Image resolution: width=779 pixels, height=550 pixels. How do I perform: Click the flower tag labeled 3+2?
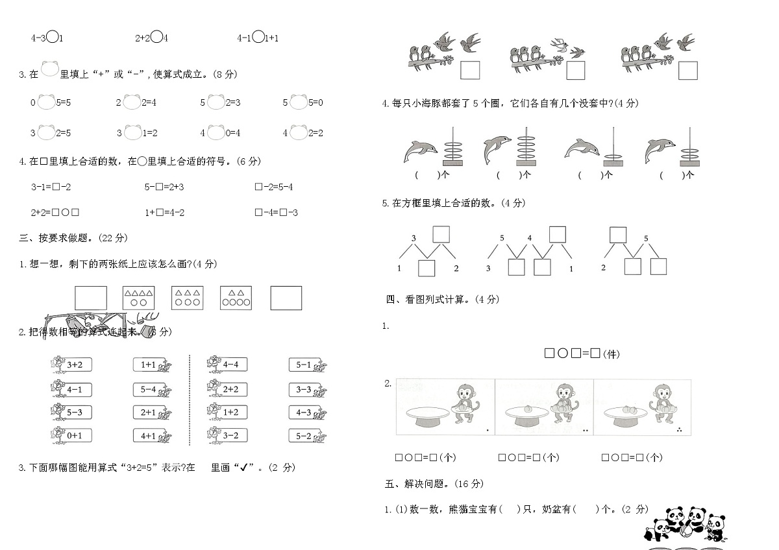click(71, 365)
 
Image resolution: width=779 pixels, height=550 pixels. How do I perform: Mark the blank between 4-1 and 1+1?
click(258, 38)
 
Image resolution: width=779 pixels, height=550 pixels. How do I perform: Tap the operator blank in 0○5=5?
click(45, 102)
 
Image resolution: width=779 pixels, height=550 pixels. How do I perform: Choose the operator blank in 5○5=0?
click(298, 102)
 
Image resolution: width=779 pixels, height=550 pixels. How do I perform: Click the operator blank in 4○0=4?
click(216, 132)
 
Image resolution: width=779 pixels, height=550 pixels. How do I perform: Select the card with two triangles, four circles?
click(236, 298)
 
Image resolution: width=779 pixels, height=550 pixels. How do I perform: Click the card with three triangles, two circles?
click(138, 298)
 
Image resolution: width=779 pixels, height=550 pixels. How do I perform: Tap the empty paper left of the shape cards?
click(90, 298)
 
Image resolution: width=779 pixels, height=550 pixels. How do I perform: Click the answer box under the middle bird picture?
click(576, 70)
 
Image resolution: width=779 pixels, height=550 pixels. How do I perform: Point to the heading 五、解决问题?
click(434, 484)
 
